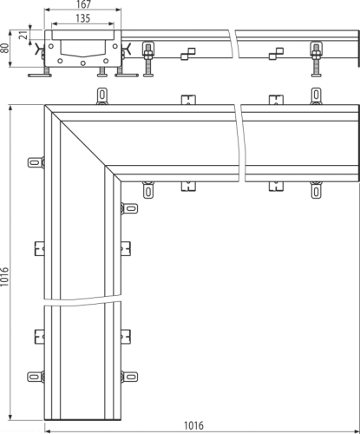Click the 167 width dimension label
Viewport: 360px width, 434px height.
[x=83, y=4]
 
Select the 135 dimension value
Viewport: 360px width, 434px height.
[x=83, y=18]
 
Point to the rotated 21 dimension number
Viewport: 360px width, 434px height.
[x=25, y=35]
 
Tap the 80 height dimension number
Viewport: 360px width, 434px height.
[x=4, y=49]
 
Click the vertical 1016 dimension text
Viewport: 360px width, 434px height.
[x=4, y=277]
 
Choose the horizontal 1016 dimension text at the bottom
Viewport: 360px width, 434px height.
[x=193, y=425]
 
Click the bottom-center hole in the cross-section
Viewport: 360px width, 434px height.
[x=83, y=63]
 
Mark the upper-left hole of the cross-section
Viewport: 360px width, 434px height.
[x=51, y=46]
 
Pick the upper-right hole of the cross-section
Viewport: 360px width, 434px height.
[x=115, y=46]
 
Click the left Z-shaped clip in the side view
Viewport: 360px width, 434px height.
[x=188, y=54]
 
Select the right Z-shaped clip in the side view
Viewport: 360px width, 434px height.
[x=276, y=54]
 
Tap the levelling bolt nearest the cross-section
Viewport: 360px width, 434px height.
[x=148, y=59]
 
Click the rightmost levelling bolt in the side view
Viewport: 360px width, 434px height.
[x=317, y=59]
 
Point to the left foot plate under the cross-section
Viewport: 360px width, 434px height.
[x=40, y=76]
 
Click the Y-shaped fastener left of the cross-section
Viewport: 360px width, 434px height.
[x=38, y=49]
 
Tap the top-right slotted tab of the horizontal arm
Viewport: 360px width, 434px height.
[x=316, y=95]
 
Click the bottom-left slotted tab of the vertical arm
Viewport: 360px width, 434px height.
[x=35, y=378]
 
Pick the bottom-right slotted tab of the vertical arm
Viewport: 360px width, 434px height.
[x=130, y=378]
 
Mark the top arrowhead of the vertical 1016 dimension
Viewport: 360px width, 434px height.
[x=10, y=108]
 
